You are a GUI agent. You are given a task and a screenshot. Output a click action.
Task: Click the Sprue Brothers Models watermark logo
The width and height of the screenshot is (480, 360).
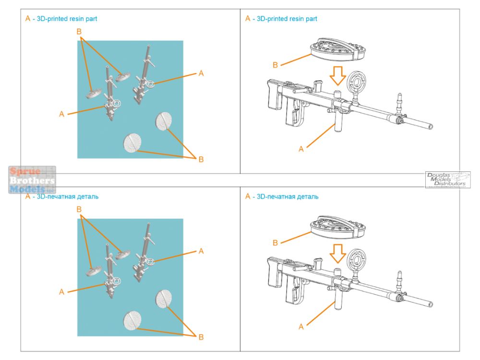point(32,180)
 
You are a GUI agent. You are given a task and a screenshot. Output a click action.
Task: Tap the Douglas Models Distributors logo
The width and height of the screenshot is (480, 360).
point(447,180)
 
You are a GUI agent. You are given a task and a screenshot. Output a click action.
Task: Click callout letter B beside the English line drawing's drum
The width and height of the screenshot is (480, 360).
point(275,65)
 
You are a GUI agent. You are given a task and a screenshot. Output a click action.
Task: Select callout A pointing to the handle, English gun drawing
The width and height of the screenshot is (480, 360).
point(301,149)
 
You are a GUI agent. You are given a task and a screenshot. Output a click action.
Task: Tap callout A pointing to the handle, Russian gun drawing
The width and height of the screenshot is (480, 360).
point(301,326)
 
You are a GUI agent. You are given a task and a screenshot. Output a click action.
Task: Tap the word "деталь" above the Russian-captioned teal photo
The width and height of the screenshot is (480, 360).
point(87,197)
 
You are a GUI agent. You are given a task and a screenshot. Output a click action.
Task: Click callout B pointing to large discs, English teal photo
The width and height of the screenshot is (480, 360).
point(201,159)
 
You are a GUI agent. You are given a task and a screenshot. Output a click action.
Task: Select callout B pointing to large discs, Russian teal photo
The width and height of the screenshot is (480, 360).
point(201,337)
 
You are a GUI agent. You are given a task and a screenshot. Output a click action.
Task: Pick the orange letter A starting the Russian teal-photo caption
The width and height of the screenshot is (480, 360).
point(28,197)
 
